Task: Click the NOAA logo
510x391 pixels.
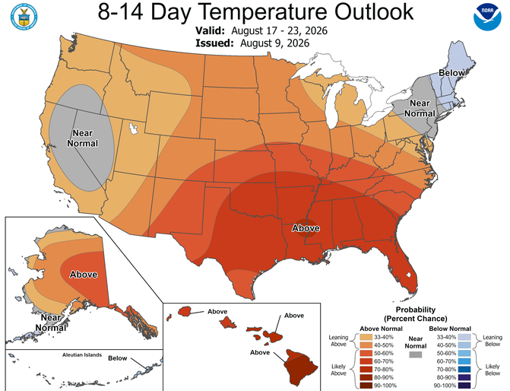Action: pyautogui.click(x=487, y=17)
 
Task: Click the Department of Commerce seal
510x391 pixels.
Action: pyautogui.click(x=24, y=17)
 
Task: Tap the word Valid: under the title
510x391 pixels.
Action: pyautogui.click(x=210, y=30)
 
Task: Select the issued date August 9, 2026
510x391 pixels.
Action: pyautogui.click(x=275, y=43)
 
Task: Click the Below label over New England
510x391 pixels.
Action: pyautogui.click(x=451, y=72)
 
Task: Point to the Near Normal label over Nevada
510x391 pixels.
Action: pyautogui.click(x=83, y=138)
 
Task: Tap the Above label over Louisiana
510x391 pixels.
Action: pyautogui.click(x=306, y=228)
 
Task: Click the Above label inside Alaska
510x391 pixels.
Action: pyautogui.click(x=84, y=275)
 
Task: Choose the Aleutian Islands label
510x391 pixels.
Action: pyautogui.click(x=82, y=354)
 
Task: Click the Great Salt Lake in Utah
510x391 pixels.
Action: pyautogui.click(x=133, y=129)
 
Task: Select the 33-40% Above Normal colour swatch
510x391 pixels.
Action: pyautogui.click(x=366, y=337)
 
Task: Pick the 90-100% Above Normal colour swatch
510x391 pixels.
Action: pyautogui.click(x=366, y=386)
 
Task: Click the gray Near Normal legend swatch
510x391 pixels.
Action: pyautogui.click(x=416, y=354)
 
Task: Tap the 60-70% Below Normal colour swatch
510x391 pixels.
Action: pyautogui.click(x=464, y=361)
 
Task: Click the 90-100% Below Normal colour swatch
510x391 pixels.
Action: pyautogui.click(x=464, y=386)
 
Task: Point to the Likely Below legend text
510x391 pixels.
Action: pyautogui.click(x=493, y=370)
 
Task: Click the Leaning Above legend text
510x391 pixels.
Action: pyautogui.click(x=338, y=341)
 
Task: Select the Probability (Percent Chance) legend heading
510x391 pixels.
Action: pyautogui.click(x=415, y=314)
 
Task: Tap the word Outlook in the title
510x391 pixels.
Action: pyautogui.click(x=374, y=11)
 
